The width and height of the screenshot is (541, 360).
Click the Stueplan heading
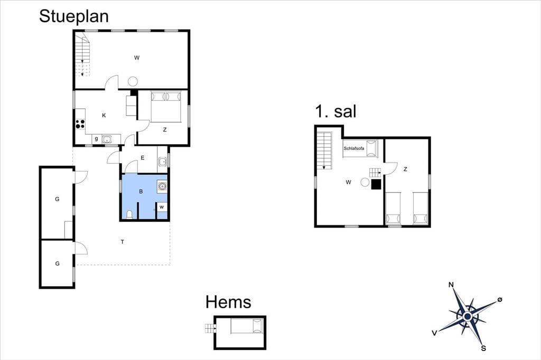(x=74, y=16)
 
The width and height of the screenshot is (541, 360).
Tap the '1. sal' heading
(x=335, y=111)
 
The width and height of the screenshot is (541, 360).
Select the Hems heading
(x=228, y=302)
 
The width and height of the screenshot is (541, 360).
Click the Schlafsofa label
(x=353, y=148)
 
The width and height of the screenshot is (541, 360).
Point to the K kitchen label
(x=104, y=116)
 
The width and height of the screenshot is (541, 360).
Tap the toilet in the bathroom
(x=129, y=214)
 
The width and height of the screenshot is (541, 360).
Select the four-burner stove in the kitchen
(x=80, y=124)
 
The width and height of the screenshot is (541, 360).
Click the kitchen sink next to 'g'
(x=107, y=139)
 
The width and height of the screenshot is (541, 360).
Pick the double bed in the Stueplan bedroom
(x=166, y=107)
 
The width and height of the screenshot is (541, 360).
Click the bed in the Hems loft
(x=247, y=326)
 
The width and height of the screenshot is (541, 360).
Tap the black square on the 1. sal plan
(x=376, y=184)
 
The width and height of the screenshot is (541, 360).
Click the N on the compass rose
(x=451, y=285)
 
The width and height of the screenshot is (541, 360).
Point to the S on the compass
(x=483, y=348)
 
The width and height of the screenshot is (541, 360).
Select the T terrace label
(x=123, y=242)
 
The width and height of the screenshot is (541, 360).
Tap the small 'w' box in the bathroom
(x=162, y=207)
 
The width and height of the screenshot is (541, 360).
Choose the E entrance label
(x=142, y=158)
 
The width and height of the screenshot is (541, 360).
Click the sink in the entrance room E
(x=163, y=162)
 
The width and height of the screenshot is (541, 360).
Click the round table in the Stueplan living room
(x=133, y=82)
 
